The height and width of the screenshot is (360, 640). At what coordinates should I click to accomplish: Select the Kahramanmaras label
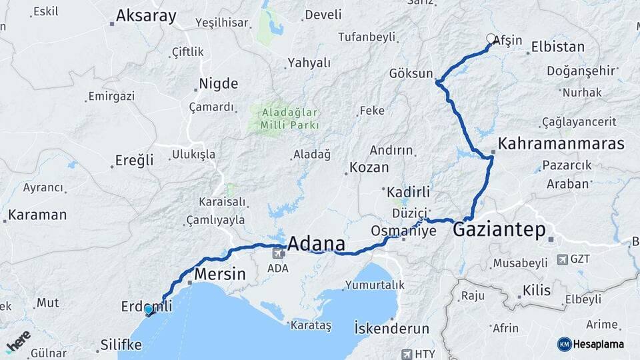click(x=561, y=143)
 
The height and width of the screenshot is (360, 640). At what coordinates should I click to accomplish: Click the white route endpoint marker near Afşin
click(x=491, y=39)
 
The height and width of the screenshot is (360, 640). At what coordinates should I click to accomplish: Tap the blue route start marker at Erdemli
click(x=148, y=310)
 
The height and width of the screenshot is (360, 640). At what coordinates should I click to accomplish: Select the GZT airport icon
click(x=563, y=259)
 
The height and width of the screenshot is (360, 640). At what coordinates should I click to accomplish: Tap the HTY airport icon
click(x=407, y=353)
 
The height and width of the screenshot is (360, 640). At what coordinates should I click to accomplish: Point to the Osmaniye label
click(x=403, y=231)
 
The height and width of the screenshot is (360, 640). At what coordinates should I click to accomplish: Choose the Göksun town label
click(x=411, y=74)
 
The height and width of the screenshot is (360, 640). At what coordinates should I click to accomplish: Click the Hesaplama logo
click(x=591, y=344)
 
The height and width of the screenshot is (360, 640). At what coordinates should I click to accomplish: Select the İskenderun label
click(x=391, y=329)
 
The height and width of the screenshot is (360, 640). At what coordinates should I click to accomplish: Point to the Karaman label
click(x=39, y=215)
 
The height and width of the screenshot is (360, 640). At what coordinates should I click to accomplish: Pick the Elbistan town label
click(x=557, y=47)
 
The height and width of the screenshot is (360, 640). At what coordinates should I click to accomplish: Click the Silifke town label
click(x=121, y=345)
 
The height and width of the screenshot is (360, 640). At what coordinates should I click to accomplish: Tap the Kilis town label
click(x=537, y=291)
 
